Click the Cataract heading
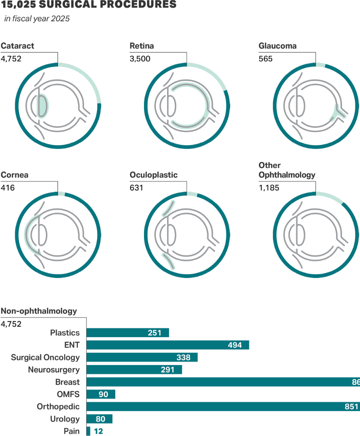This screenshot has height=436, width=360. pos(18,46)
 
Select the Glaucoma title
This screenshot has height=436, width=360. pos(278,46)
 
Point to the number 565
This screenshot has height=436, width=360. pos(266,59)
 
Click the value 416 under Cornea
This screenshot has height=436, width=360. pos(8,188)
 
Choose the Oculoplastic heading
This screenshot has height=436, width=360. pos(154,175)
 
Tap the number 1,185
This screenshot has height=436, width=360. pos(269,188)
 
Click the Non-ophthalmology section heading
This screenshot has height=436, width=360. pos(39,311)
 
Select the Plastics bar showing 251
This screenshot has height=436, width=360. pos(128,333)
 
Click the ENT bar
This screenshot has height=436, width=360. pos(168,345)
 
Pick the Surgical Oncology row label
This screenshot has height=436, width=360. pos(45,358)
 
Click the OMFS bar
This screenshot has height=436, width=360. pos(101,394)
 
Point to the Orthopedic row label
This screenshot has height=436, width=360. pos(58,407)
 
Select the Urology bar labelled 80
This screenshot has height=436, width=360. pos(100,419)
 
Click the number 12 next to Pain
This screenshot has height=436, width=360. pos(98,432)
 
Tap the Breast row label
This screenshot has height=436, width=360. pos(68,382)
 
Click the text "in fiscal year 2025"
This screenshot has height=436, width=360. pos(37,19)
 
